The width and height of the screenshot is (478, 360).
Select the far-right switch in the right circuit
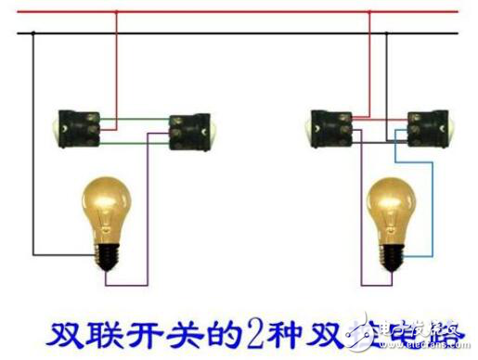pos(428,127)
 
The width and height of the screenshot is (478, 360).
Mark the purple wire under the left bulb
pos(125,281)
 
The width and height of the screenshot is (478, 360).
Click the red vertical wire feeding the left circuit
pos(116,65)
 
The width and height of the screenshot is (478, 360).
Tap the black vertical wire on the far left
pos(34,139)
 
